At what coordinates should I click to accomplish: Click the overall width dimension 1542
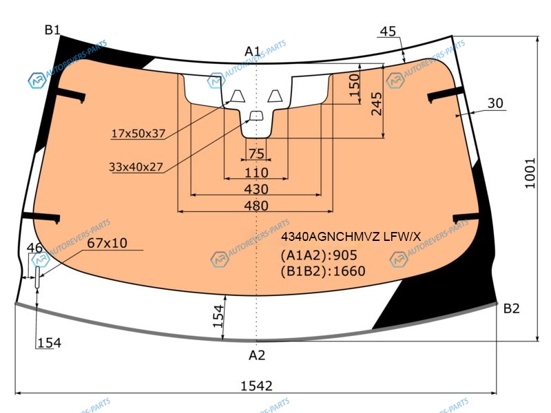(256, 386)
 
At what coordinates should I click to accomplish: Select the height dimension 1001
(530, 173)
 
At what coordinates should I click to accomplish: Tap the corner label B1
(52, 30)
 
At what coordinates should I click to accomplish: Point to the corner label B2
(511, 308)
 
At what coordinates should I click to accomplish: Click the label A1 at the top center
(252, 52)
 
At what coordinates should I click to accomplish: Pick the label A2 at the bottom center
(256, 355)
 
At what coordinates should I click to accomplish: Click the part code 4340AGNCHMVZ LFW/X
(351, 237)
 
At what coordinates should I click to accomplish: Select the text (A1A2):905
(319, 255)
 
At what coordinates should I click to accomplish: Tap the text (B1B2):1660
(323, 271)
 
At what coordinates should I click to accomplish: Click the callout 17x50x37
(138, 134)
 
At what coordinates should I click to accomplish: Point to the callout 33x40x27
(136, 167)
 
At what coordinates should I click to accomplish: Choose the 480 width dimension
(256, 206)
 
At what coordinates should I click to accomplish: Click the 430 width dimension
(256, 189)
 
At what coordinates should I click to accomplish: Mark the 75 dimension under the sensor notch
(256, 153)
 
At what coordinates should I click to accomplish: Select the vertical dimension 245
(376, 104)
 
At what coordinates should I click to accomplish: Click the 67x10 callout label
(107, 243)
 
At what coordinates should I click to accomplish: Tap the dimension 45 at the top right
(388, 31)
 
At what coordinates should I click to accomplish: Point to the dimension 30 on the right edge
(495, 103)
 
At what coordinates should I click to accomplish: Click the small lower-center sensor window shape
(256, 116)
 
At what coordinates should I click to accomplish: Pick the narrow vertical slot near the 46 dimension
(37, 277)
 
